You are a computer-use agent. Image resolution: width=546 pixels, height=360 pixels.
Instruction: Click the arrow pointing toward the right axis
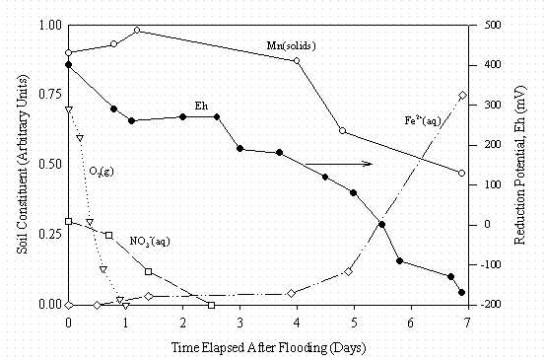338,164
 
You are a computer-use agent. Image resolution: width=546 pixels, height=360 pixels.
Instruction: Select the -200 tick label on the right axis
487,305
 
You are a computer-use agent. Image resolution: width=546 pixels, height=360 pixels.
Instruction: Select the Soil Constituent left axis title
21,165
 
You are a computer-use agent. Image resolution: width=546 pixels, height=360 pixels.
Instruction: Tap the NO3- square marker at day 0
68,221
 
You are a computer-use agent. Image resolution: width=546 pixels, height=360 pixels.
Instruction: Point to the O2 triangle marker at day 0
68,109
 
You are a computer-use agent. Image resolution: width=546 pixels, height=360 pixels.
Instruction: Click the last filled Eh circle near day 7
461,293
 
